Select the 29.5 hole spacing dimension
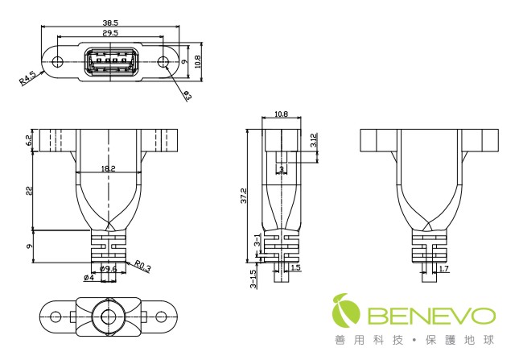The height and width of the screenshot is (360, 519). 110,34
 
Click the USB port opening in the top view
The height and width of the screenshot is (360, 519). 110,63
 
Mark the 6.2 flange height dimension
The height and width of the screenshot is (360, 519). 28,140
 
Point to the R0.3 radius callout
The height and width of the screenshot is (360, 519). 143,263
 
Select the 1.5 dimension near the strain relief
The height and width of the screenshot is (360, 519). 295,267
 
